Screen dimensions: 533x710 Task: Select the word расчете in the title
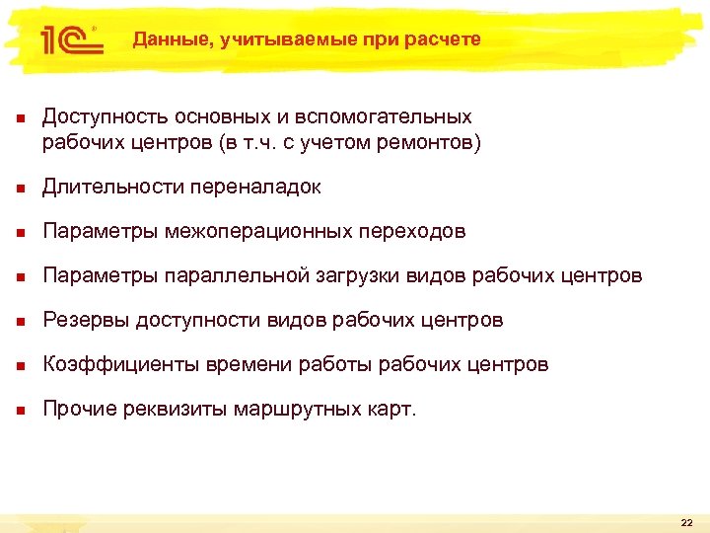pos(448,39)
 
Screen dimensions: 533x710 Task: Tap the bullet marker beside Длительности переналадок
pos(20,188)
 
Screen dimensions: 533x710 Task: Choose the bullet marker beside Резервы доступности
pos(20,322)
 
